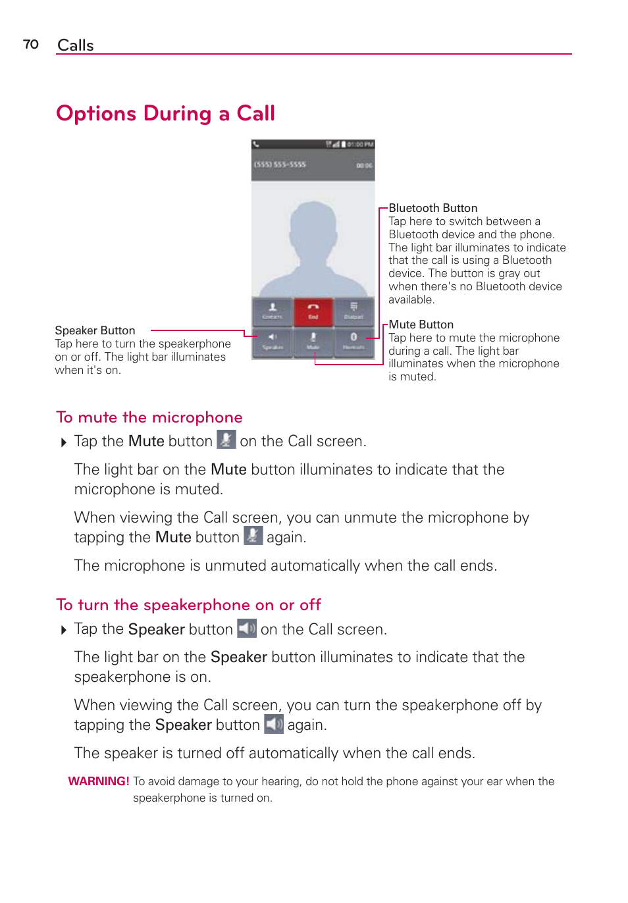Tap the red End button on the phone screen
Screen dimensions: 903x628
pyautogui.click(x=313, y=311)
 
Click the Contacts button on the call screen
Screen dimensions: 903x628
pyautogui.click(x=273, y=311)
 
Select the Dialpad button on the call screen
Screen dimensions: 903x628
pyautogui.click(x=353, y=311)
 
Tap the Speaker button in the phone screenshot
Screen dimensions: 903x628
pyautogui.click(x=273, y=340)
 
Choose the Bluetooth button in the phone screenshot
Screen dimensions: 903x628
pyautogui.click(x=353, y=340)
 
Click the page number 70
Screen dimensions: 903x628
pyautogui.click(x=31, y=44)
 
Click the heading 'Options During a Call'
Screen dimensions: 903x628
pyautogui.click(x=165, y=113)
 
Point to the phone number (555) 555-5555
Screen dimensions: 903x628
pyautogui.click(x=280, y=165)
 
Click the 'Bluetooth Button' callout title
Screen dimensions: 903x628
pyautogui.click(x=432, y=208)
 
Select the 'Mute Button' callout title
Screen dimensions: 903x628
pyautogui.click(x=421, y=324)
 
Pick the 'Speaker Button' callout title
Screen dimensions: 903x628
pyautogui.click(x=95, y=330)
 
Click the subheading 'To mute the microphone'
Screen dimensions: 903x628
pyautogui.click(x=149, y=417)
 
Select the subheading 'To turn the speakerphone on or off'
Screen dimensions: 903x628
pyautogui.click(x=188, y=605)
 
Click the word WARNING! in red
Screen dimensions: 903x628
pyautogui.click(x=99, y=781)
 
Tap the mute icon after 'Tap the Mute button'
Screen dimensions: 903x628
pyautogui.click(x=226, y=440)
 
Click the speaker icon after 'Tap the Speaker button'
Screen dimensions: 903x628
pyautogui.click(x=247, y=629)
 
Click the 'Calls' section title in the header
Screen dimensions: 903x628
pyautogui.click(x=76, y=45)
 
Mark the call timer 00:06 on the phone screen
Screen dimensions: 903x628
pyautogui.click(x=364, y=166)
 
